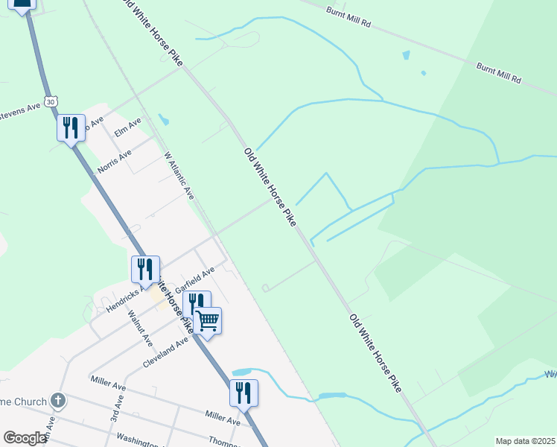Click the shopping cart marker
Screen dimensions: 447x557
208,321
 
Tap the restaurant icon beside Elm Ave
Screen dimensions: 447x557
71,127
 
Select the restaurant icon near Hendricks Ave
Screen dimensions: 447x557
145,269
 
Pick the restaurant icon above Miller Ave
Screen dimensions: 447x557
244,393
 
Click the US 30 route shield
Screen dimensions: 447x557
50,101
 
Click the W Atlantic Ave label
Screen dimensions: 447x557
179,177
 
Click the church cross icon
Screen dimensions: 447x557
58,402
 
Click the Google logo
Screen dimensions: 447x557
25,438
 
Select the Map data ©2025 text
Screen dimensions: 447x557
525,441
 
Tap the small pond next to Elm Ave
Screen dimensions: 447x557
164,119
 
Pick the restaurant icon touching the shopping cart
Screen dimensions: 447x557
196,303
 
